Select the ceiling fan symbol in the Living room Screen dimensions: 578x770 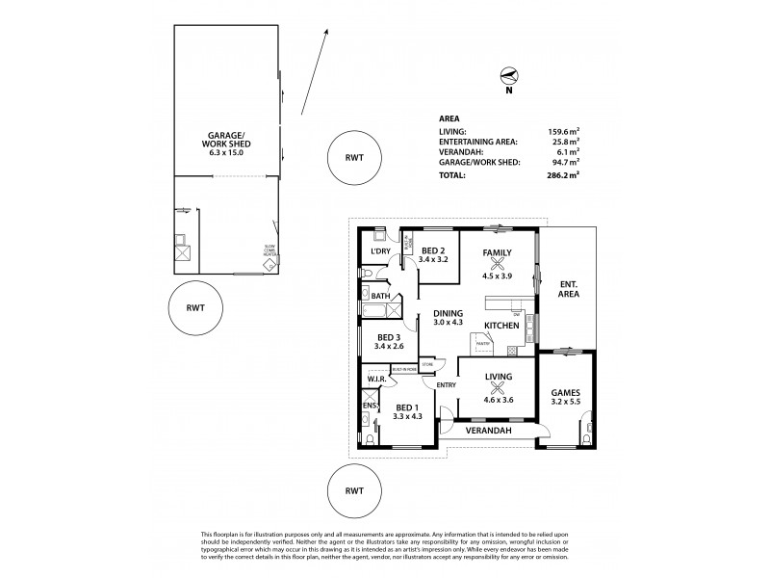point(498,389)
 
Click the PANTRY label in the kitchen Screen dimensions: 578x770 point(483,343)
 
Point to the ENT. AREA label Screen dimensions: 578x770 point(567,289)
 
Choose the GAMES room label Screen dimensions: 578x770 point(566,393)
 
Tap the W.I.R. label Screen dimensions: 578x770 point(375,379)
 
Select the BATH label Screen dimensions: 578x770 point(380,297)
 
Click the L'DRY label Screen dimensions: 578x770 point(378,251)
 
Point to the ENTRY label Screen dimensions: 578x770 point(446,385)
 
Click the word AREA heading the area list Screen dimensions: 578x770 point(448,118)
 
